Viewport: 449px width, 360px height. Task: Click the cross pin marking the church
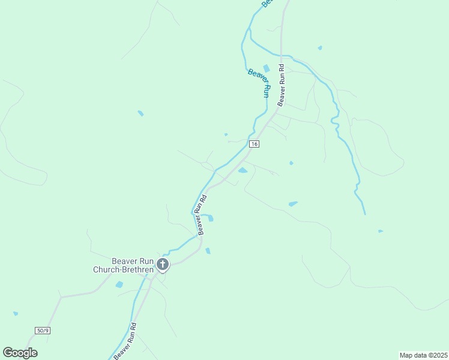tap(162, 264)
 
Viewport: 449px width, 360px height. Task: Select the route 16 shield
tap(255, 144)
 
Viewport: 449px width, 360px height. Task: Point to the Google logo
tap(20, 353)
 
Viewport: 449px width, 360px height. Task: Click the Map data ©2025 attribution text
tap(423, 355)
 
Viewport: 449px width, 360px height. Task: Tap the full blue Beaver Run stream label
tap(259, 83)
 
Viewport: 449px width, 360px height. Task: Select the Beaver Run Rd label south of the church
tap(125, 343)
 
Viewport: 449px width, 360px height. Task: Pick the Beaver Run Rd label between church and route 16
tap(202, 214)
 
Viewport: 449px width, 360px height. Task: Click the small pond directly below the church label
tap(119, 284)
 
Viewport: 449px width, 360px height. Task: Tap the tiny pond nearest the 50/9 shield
tap(15, 313)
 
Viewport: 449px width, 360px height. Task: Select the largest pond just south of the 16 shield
tap(243, 170)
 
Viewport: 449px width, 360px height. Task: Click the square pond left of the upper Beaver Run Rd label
tap(266, 68)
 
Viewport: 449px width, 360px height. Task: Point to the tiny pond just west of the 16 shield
tap(226, 134)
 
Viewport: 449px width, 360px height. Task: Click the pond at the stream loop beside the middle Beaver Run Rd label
tap(210, 218)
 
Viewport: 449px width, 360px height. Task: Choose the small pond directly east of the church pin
tap(208, 251)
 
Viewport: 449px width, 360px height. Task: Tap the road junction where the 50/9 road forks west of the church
tap(60, 296)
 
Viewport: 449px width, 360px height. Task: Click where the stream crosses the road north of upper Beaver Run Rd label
tap(281, 55)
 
